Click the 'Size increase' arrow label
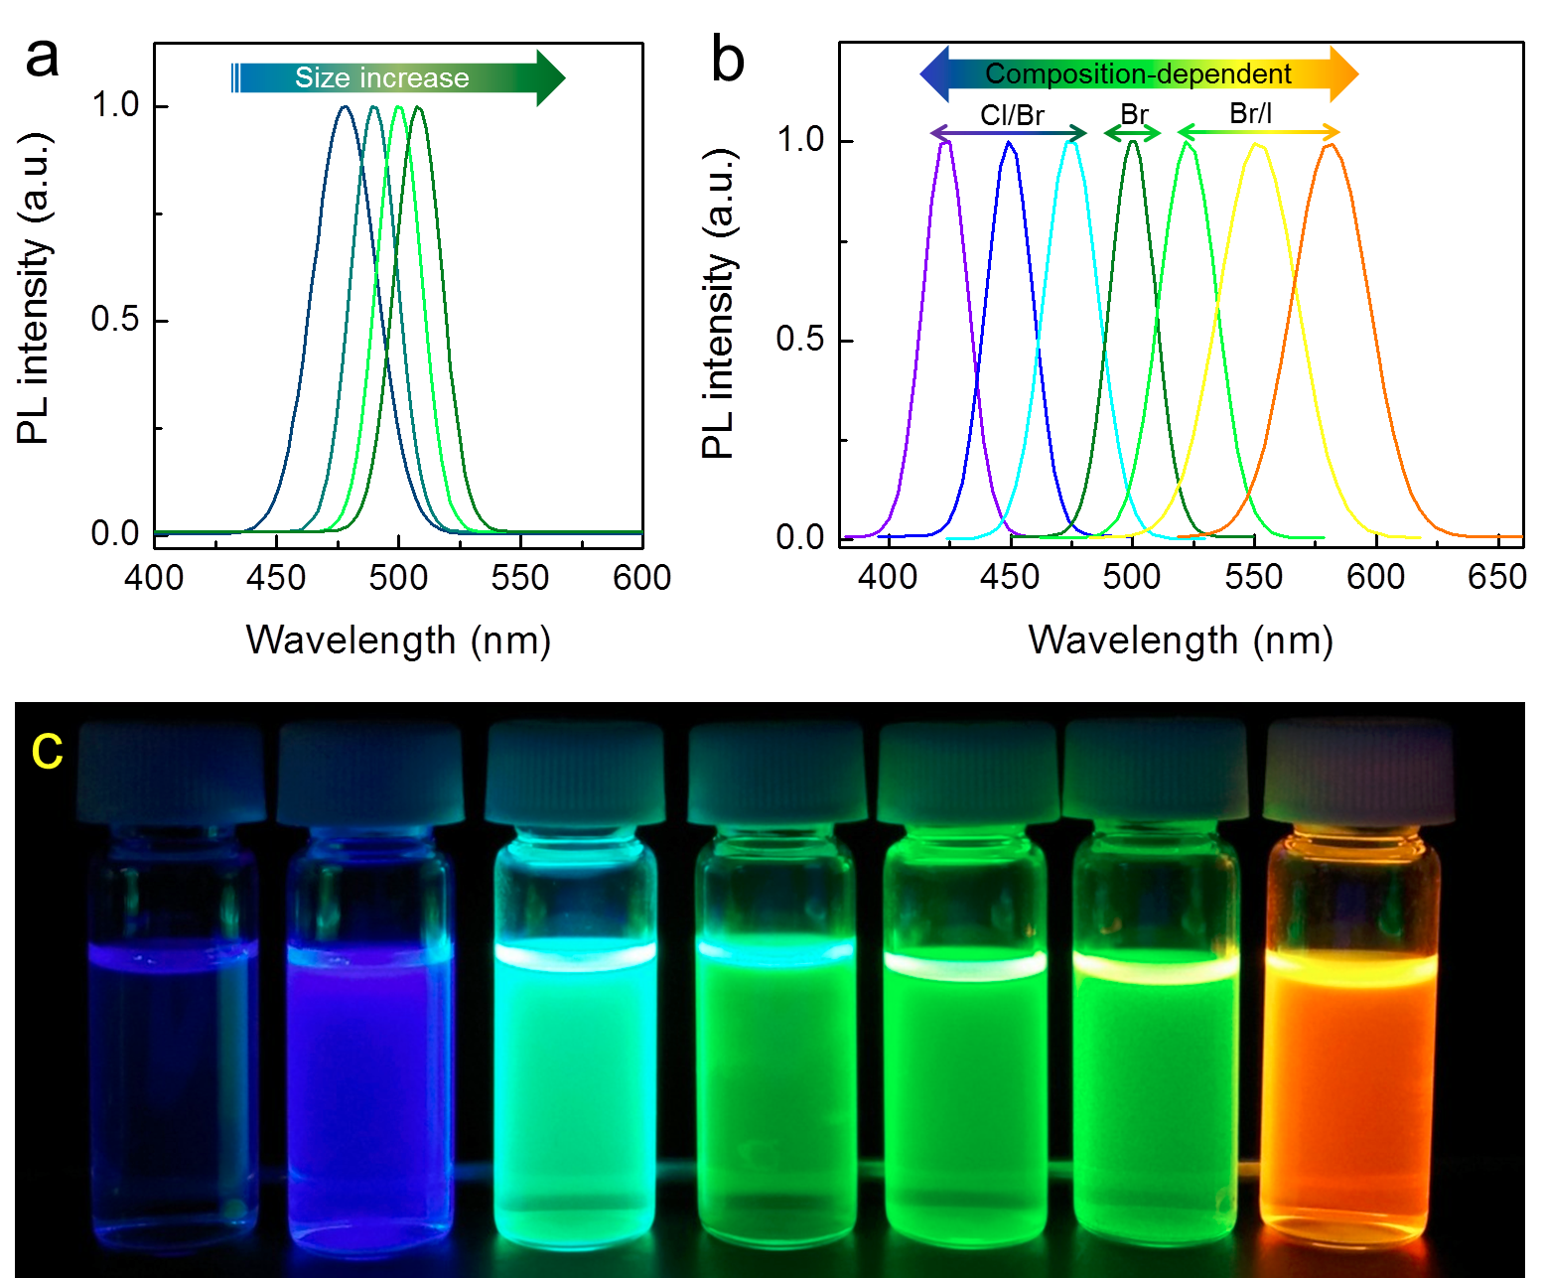click(382, 77)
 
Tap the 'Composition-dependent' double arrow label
click(1138, 74)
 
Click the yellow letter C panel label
click(47, 752)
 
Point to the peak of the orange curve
click(1331, 145)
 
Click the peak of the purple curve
click(946, 142)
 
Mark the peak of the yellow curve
click(1257, 145)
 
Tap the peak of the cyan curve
click(1071, 143)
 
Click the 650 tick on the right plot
click(1497, 577)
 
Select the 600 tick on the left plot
click(642, 577)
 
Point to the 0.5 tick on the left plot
click(115, 319)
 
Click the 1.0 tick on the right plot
click(800, 138)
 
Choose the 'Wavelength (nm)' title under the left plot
click(398, 640)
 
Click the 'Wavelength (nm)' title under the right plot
click(1181, 640)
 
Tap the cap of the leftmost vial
click(171, 773)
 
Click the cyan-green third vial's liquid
click(574, 1082)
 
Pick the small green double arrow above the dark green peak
click(1133, 133)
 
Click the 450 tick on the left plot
click(276, 577)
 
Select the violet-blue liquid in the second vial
click(369, 1082)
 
